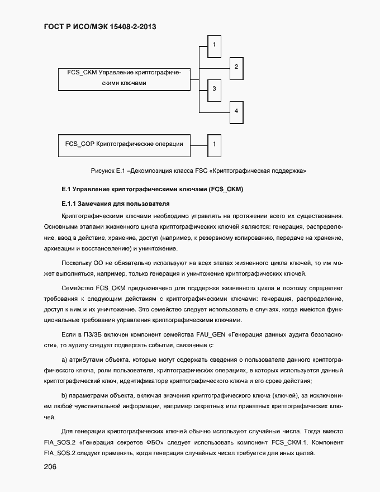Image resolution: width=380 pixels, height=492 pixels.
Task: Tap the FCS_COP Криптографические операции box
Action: coord(124,144)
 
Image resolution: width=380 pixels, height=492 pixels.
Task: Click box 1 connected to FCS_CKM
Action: coord(215,43)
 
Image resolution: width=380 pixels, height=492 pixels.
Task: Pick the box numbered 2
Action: coord(236,67)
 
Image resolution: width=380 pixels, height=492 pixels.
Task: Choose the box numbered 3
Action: coord(215,89)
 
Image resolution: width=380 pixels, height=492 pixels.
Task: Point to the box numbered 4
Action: coord(236,111)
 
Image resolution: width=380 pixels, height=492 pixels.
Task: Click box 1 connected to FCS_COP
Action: coord(215,144)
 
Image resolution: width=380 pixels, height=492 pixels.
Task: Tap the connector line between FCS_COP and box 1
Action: coord(199,144)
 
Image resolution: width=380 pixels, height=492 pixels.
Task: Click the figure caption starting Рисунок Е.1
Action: coord(198,169)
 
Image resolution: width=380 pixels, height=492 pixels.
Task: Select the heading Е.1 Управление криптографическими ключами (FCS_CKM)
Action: coord(152,189)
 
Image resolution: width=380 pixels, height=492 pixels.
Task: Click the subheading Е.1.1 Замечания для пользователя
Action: coord(115,204)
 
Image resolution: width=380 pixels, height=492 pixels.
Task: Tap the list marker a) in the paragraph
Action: coord(64,359)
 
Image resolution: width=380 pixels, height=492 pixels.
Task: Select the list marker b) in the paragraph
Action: coord(64,396)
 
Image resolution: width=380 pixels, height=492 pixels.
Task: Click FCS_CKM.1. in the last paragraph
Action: coord(288,442)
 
